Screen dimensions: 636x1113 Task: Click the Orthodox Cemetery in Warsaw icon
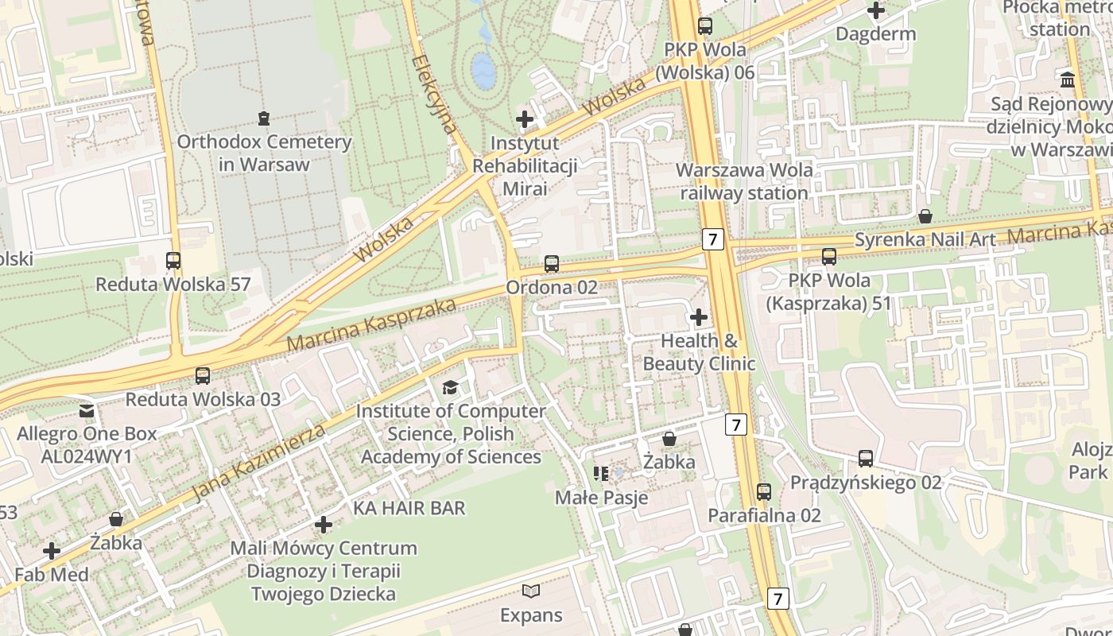(264, 118)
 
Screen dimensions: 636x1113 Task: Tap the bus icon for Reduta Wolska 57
(173, 260)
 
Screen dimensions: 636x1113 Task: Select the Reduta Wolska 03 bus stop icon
(203, 375)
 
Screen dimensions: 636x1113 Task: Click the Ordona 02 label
(551, 287)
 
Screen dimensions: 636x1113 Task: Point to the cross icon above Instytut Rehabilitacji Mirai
(525, 119)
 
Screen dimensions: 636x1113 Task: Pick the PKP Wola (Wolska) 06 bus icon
(704, 25)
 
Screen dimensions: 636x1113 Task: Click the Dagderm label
(875, 34)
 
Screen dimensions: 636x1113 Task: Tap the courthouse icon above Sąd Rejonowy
(1068, 79)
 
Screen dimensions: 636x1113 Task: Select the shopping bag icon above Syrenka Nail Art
(925, 215)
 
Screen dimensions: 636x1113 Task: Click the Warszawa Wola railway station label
(743, 181)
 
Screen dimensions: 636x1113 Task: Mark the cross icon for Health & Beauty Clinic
(698, 317)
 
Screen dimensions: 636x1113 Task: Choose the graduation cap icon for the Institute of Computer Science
(450, 387)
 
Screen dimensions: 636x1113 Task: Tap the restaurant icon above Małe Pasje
(601, 474)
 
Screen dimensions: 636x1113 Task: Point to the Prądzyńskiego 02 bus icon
(865, 458)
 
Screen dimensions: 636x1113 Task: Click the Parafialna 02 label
(764, 515)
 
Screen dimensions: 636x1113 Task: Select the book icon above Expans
(531, 591)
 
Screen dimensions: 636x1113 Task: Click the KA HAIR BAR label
(409, 507)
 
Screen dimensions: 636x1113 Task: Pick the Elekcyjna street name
(435, 94)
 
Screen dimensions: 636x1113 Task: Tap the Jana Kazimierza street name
(260, 462)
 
